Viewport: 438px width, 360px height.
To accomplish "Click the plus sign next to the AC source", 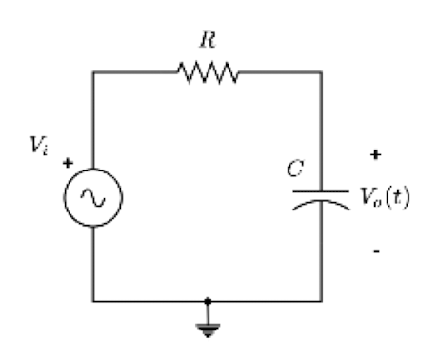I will tap(68, 163).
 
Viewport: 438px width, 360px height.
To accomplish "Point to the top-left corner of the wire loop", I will tap(92, 70).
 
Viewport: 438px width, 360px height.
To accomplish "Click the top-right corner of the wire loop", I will tap(320, 70).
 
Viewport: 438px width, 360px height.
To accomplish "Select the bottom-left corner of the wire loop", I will tap(92, 300).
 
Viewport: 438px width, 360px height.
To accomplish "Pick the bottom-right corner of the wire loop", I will tap(320, 300).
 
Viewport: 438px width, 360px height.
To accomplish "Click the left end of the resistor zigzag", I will tap(172, 70).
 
